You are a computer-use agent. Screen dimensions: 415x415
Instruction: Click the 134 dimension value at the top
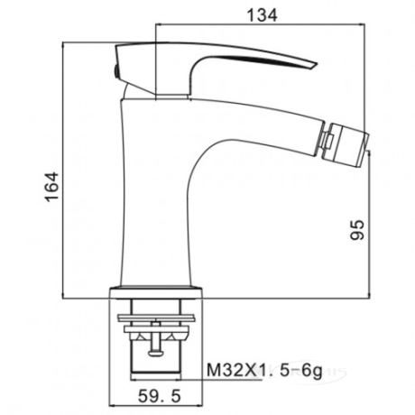coord(262,15)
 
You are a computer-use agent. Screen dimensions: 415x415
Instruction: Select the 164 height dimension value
coord(51,187)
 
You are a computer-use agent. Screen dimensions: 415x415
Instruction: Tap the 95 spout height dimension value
coord(357,230)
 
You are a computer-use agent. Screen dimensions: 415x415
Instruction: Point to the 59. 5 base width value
coord(160,396)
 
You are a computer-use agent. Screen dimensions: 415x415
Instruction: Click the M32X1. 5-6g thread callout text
coord(264,371)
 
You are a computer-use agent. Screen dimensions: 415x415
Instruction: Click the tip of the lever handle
coord(317,64)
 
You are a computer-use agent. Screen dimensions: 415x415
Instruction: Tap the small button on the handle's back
coord(115,72)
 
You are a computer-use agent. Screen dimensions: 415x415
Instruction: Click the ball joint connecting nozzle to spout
coord(325,140)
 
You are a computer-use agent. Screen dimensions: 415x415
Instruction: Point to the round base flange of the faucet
coord(156,292)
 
